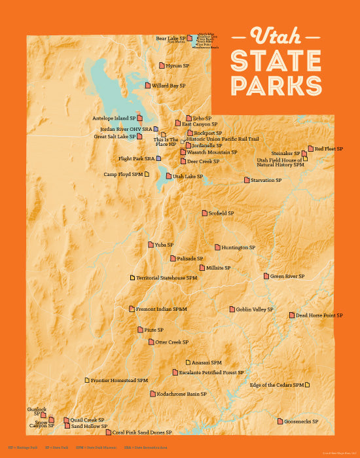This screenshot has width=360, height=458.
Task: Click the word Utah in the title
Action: (x=276, y=35)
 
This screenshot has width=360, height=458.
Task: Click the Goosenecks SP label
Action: (x=301, y=422)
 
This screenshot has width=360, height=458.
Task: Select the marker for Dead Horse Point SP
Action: (x=292, y=315)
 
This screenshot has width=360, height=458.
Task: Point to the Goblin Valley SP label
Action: (x=255, y=309)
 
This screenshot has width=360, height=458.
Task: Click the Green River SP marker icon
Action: (x=266, y=276)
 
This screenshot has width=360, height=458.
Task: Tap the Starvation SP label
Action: (x=266, y=180)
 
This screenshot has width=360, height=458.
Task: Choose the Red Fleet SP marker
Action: (x=311, y=149)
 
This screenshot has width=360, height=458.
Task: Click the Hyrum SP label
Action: (x=177, y=65)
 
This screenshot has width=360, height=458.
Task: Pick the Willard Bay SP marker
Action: (x=148, y=85)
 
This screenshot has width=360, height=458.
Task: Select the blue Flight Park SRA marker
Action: (x=158, y=158)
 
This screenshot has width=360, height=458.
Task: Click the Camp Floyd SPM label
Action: (x=123, y=175)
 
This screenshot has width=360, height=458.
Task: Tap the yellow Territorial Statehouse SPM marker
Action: (x=132, y=278)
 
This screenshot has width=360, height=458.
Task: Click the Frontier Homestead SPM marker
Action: (x=87, y=380)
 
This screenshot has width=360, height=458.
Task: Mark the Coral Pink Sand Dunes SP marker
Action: (x=108, y=432)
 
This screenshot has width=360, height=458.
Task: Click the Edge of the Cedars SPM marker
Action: (x=307, y=385)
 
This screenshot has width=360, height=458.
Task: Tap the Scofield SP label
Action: (x=221, y=213)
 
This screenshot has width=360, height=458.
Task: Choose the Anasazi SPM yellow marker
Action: (x=188, y=362)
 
